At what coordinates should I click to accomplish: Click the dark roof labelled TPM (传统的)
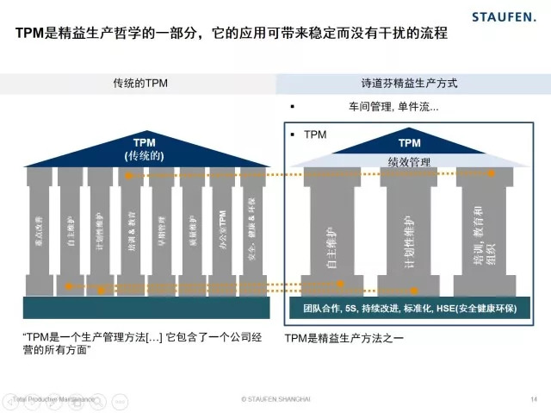[142, 147]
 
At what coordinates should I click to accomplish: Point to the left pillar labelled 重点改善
[40, 228]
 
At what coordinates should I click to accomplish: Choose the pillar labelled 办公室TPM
[221, 228]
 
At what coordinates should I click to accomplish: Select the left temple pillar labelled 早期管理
[161, 228]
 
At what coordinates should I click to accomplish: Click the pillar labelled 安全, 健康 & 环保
[251, 228]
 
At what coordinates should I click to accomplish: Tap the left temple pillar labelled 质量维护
[191, 228]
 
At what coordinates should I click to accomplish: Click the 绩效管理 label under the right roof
[410, 161]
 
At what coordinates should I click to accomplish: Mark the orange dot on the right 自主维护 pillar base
[340, 283]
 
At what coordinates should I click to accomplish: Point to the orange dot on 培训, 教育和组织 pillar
[491, 173]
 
